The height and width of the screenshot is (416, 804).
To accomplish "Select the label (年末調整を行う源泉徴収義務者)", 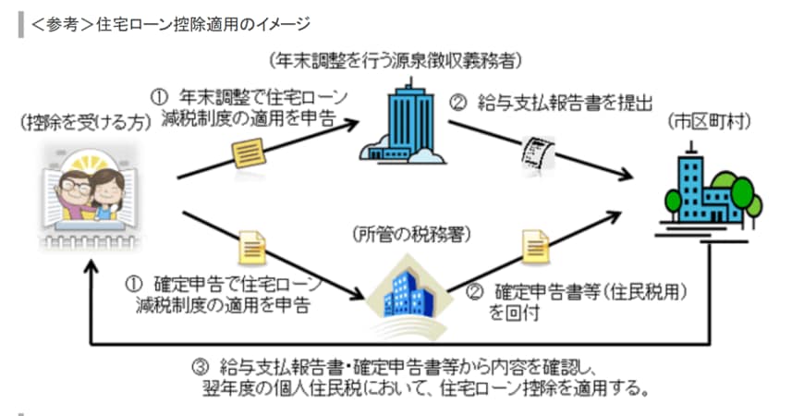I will click(x=397, y=62).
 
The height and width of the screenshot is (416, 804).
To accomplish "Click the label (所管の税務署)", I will click(x=399, y=233).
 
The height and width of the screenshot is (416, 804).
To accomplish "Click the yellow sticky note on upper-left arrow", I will click(x=249, y=153).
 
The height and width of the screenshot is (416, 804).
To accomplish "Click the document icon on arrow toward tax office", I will click(x=251, y=246).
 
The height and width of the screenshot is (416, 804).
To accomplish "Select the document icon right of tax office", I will click(x=535, y=245).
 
